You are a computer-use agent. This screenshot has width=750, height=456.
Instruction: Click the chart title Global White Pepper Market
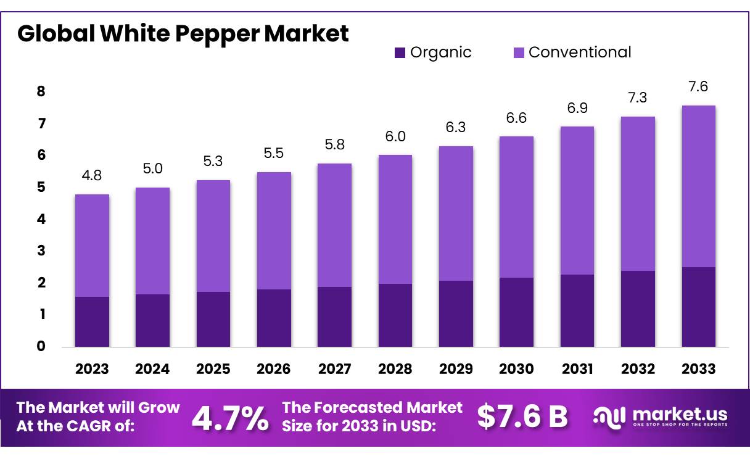pos(183,33)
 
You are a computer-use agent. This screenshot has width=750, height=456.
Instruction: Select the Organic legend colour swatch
pos(400,53)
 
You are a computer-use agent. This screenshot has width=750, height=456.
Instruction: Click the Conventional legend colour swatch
pos(519,53)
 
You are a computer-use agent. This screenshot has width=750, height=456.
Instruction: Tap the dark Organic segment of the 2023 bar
pos(92,321)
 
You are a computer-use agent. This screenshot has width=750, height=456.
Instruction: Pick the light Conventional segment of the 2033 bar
pos(698,186)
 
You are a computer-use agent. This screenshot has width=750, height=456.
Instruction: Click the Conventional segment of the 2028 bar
pos(395,219)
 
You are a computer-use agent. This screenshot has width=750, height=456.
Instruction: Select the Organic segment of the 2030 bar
pos(516,312)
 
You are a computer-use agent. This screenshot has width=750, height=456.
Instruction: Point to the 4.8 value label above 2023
pos(91,175)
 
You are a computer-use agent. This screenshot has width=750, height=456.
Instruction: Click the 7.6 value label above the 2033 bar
pos(698,86)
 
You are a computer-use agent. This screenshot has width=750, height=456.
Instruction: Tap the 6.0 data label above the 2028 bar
pos(395,136)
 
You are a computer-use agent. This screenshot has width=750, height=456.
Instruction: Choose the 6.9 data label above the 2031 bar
pos(577,108)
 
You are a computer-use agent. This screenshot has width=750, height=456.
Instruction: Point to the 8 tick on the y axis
pos(41,92)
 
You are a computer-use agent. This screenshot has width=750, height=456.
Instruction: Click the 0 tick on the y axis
pos(41,346)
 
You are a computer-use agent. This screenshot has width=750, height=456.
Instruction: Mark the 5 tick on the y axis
pos(41,188)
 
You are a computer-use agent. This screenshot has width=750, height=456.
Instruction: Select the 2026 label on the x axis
pos(273,369)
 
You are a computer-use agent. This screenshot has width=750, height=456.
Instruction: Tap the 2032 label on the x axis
pos(638,369)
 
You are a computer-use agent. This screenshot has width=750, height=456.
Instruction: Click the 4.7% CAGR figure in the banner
pos(230,418)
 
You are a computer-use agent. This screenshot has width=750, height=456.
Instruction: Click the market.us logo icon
pos(609,417)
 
